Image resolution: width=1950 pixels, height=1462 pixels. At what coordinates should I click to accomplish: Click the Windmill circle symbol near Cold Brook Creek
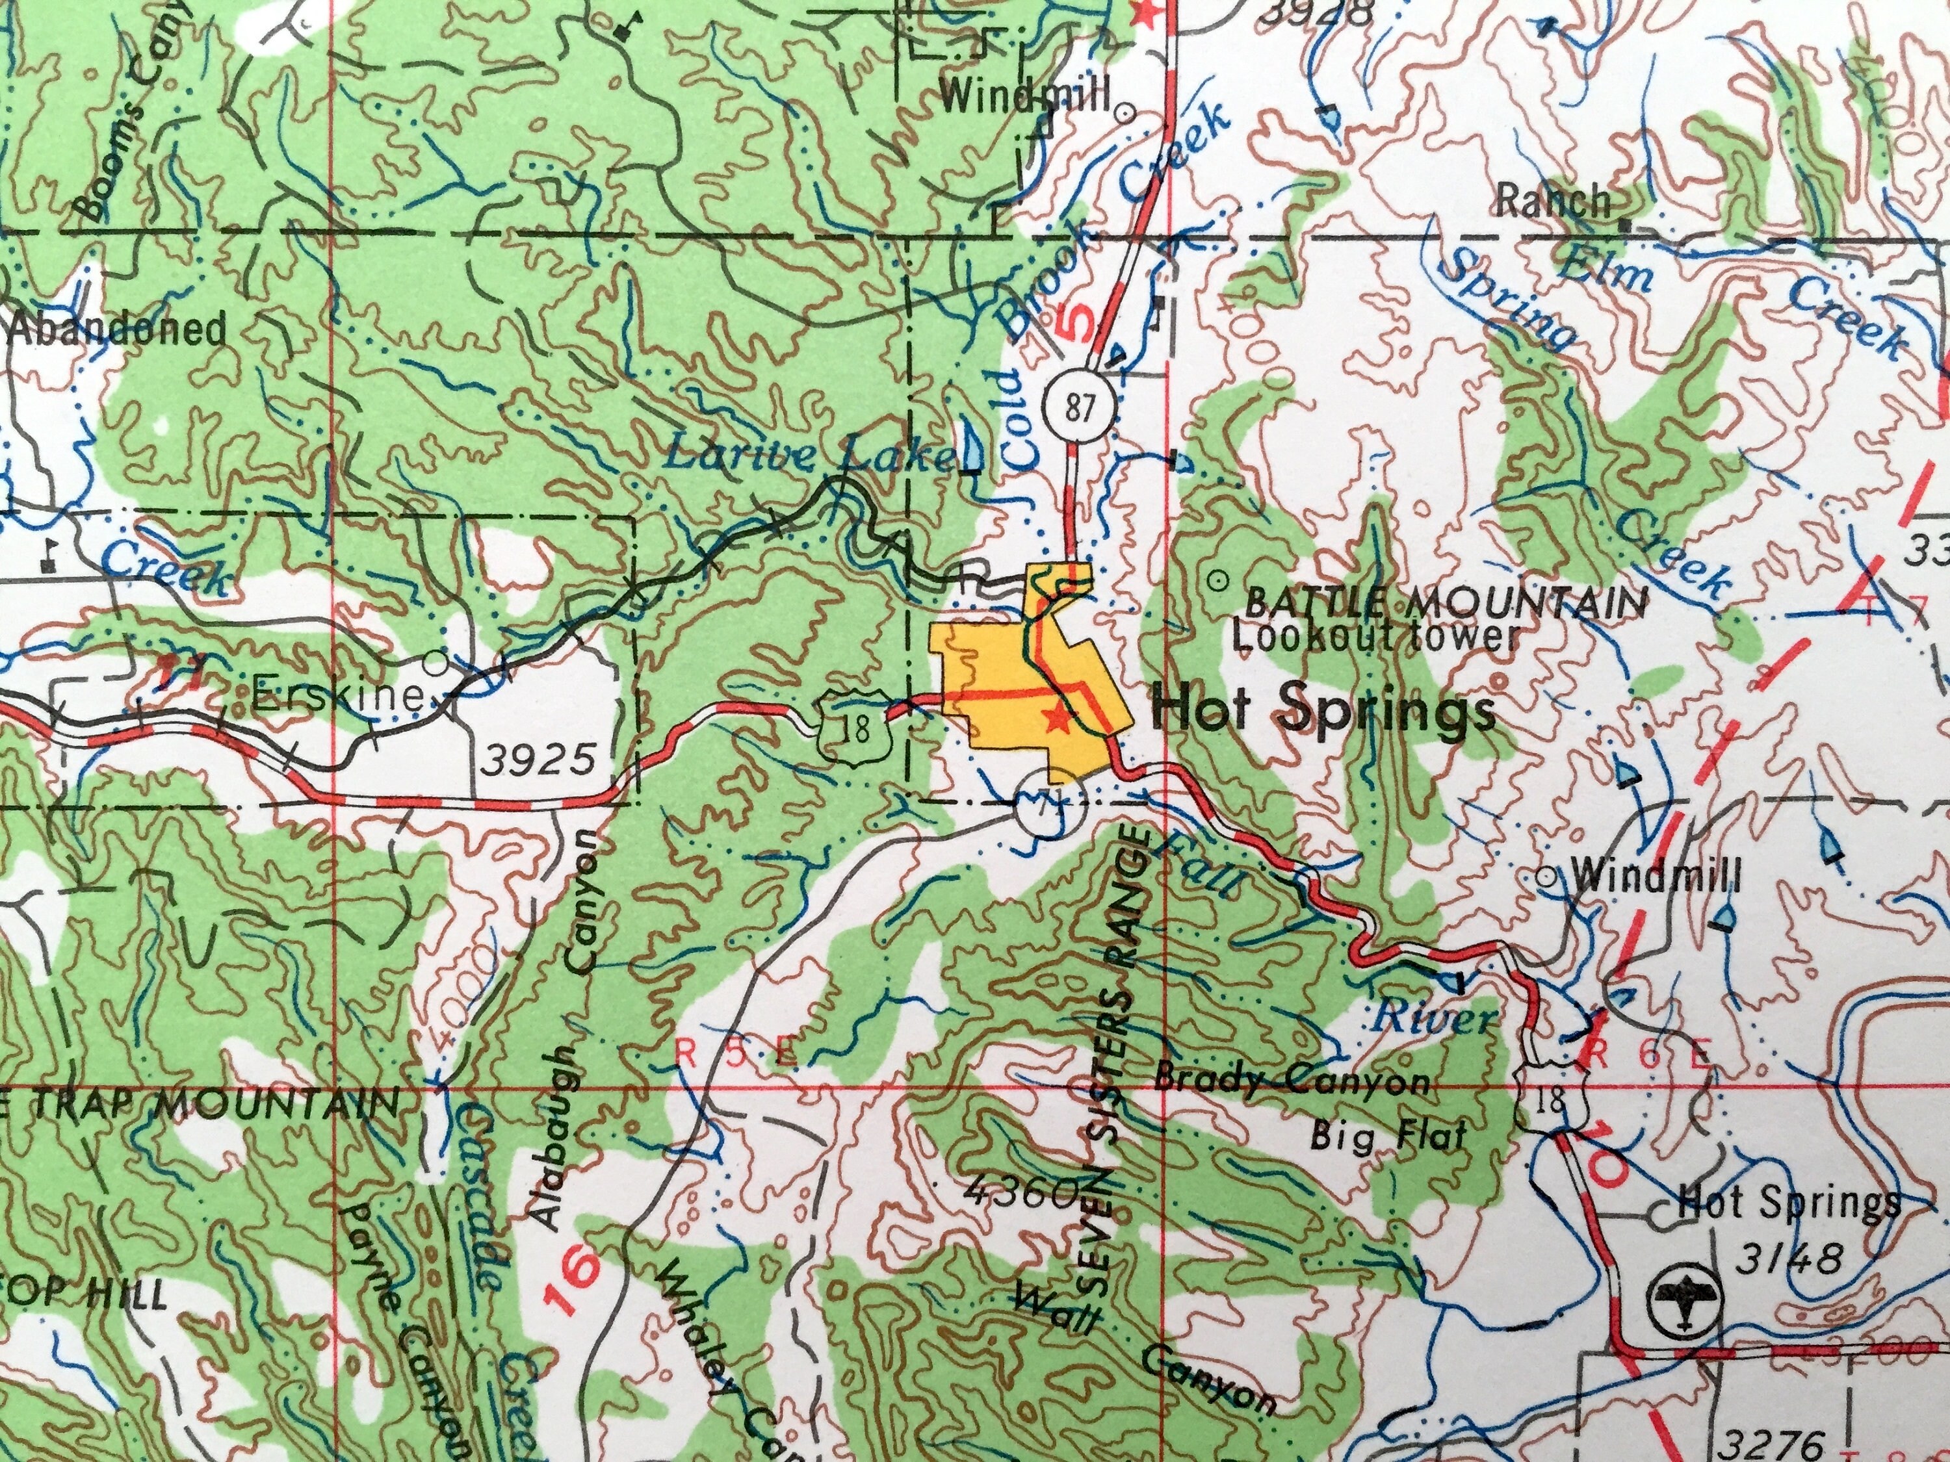pyautogui.click(x=1125, y=113)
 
